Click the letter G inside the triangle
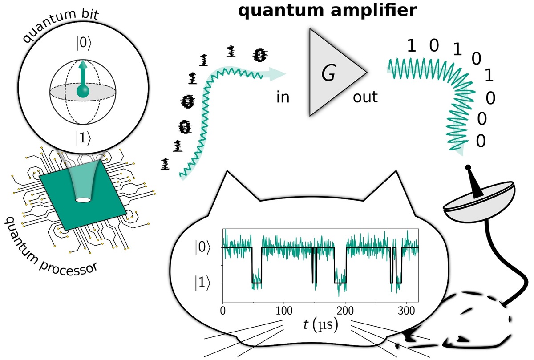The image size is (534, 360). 328,74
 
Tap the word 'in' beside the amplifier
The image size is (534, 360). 283,97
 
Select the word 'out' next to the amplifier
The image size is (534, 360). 365,97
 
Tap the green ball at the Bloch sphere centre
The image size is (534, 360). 83,92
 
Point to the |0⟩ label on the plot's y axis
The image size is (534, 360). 200,248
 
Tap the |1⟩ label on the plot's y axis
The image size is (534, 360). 200,283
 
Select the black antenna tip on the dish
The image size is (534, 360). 469,168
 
